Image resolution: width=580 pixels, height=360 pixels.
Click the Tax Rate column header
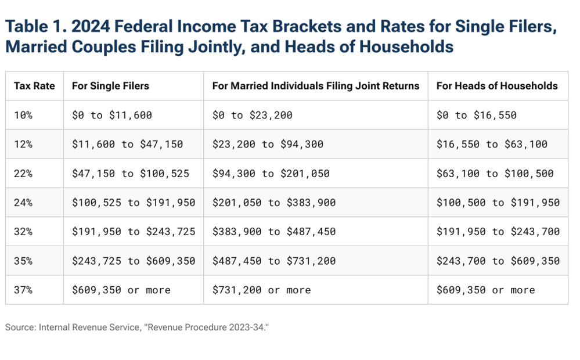click(x=34, y=86)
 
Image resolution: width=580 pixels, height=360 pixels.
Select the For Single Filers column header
click(x=110, y=86)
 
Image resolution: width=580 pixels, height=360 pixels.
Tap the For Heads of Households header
click(x=497, y=86)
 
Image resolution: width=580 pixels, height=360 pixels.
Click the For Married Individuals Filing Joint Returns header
click(x=315, y=86)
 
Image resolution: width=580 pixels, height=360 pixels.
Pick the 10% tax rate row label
click(x=23, y=115)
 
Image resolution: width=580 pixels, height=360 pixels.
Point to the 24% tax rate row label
click(x=23, y=203)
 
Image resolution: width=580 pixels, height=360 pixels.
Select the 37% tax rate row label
click(x=23, y=290)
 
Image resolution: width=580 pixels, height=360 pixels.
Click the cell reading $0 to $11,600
click(x=111, y=115)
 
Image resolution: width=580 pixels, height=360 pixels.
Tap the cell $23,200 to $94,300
click(x=268, y=144)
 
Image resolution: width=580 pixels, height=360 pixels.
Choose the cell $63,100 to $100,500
click(x=495, y=173)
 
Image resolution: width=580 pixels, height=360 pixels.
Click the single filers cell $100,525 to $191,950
click(x=133, y=203)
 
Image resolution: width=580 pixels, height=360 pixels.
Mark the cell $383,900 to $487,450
click(x=273, y=232)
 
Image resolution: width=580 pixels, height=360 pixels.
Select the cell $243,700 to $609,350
click(x=498, y=261)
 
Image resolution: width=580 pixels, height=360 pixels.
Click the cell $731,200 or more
click(x=261, y=290)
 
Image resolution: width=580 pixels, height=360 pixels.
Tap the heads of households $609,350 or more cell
click(x=485, y=290)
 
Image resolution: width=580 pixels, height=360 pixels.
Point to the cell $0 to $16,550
click(x=476, y=115)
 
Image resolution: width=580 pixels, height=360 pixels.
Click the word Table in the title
click(x=24, y=27)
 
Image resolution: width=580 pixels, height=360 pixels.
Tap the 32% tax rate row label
click(x=23, y=232)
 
